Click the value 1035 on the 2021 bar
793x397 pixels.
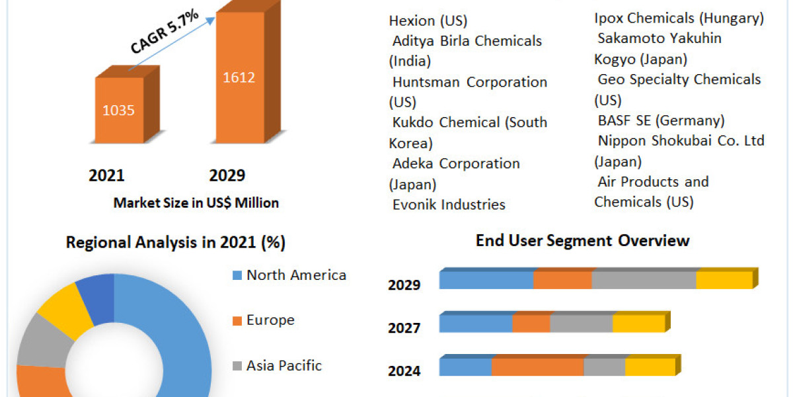[x=118, y=110]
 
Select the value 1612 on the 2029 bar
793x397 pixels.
[x=239, y=77]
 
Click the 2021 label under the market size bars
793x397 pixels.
[x=106, y=176]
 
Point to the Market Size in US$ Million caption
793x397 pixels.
[x=196, y=203]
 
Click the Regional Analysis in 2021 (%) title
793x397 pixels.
[x=176, y=243]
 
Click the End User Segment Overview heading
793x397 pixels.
[x=582, y=240]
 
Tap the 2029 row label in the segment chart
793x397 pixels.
[x=404, y=285]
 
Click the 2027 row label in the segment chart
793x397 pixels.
[x=404, y=328]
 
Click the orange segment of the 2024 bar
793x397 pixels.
[x=537, y=367]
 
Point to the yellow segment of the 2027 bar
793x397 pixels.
[x=638, y=324]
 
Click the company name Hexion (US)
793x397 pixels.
[x=428, y=21]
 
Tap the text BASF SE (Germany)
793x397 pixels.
[x=661, y=120]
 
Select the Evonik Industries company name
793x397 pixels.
[x=449, y=205]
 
